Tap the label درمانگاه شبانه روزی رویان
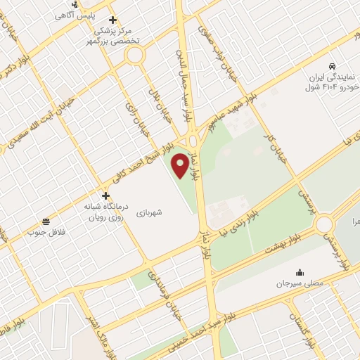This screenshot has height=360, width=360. tap(105, 212)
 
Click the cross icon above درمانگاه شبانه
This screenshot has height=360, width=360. tap(105, 196)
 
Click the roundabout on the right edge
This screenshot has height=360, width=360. tap(324, 225)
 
